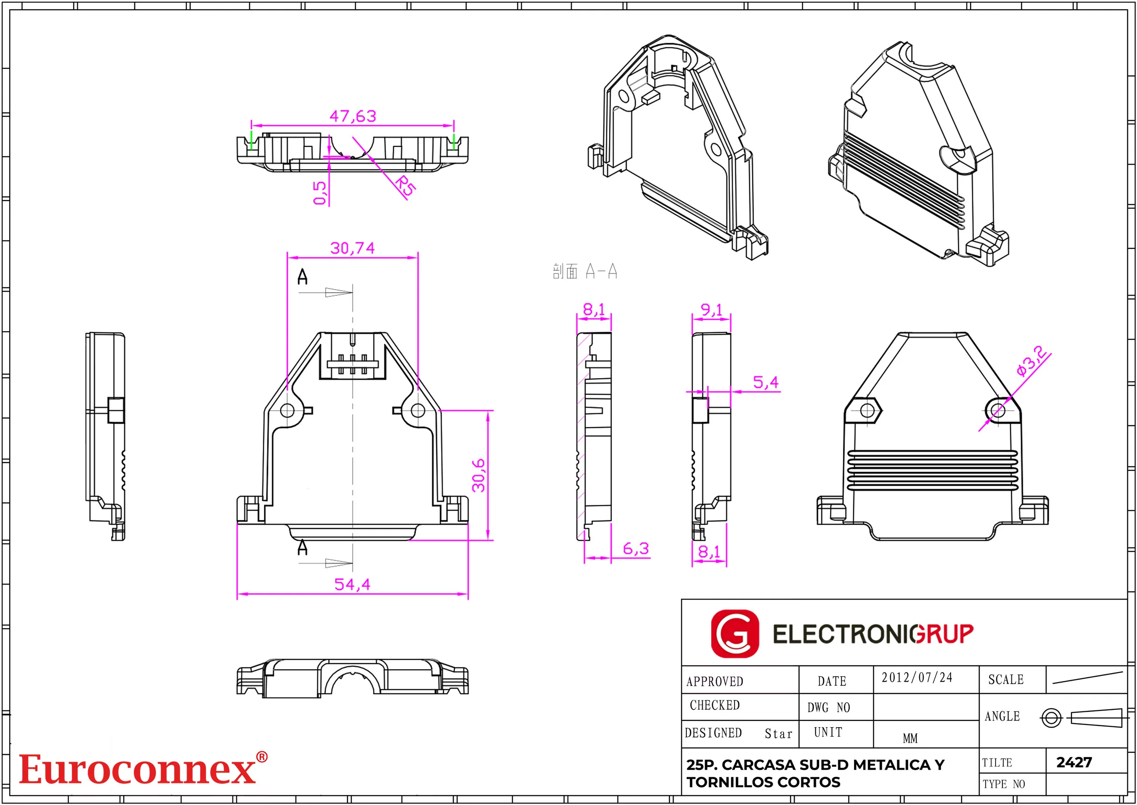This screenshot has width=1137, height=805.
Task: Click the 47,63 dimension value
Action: click(353, 116)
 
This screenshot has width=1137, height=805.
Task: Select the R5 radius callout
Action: click(405, 186)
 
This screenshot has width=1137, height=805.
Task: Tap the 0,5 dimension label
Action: click(320, 192)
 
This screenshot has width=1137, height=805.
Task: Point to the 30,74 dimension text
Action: click(352, 248)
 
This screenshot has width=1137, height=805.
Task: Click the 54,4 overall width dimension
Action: click(352, 584)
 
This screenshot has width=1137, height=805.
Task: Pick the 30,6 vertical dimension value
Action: click(479, 475)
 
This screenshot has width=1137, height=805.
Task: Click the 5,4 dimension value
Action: click(766, 382)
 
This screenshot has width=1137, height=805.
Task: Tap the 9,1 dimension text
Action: click(711, 310)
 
